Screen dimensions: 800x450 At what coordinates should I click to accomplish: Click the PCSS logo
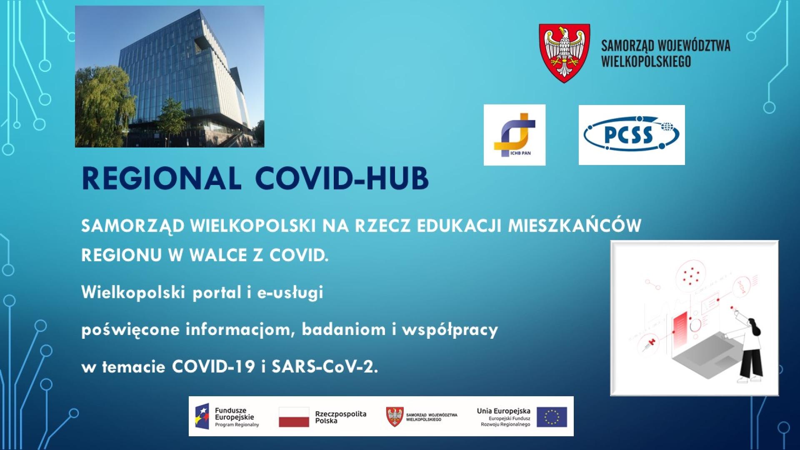coord(632,135)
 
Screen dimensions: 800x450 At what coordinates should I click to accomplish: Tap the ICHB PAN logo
coord(515,135)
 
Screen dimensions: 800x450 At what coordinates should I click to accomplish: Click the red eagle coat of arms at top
coord(564,53)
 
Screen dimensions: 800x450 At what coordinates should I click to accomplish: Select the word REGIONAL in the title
coord(162,178)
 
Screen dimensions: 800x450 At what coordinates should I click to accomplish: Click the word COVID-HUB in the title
coord(342,178)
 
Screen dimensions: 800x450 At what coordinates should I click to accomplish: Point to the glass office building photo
coord(170,76)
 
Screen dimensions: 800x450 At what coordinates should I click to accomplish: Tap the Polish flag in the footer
coord(294,417)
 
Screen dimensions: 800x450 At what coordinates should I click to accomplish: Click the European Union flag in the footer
coord(552,417)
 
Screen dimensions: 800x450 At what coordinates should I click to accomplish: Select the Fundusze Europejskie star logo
coord(202,416)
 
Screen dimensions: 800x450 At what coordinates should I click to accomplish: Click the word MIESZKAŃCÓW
coord(575,225)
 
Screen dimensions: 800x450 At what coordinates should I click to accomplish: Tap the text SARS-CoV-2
coord(325,367)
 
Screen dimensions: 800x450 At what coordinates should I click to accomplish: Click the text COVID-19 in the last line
coord(213,367)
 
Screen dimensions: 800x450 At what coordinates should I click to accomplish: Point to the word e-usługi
coord(290,293)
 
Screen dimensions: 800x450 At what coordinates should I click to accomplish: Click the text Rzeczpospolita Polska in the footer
coord(341,417)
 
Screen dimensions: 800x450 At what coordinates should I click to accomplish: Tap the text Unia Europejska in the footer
coord(504,411)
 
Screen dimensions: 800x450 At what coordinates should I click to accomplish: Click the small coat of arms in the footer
coord(395,417)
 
